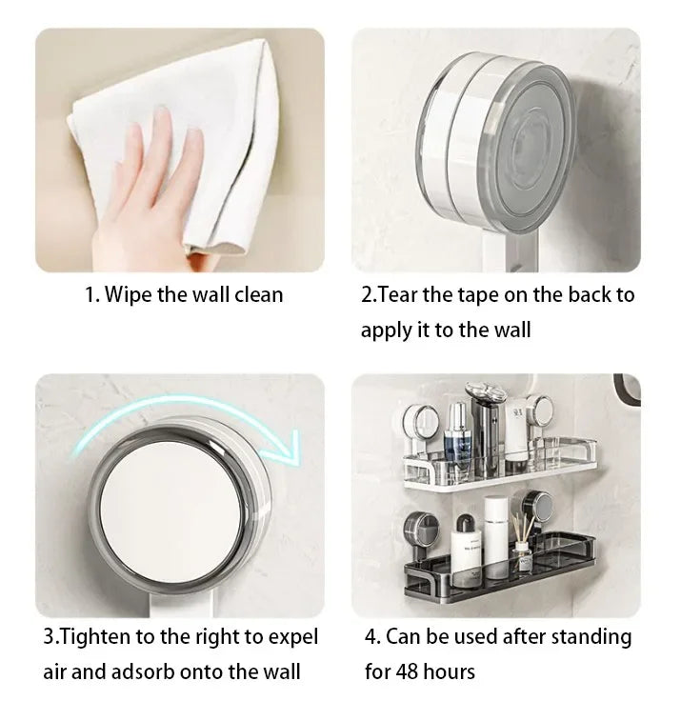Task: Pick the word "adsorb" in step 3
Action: (x=143, y=671)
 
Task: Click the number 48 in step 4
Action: (x=407, y=671)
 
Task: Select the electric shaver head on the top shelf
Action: (x=486, y=392)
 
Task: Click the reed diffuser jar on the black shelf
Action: (x=522, y=556)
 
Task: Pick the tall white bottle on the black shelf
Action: (x=496, y=536)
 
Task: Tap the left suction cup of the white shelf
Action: (x=420, y=422)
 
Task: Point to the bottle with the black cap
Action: (x=465, y=550)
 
